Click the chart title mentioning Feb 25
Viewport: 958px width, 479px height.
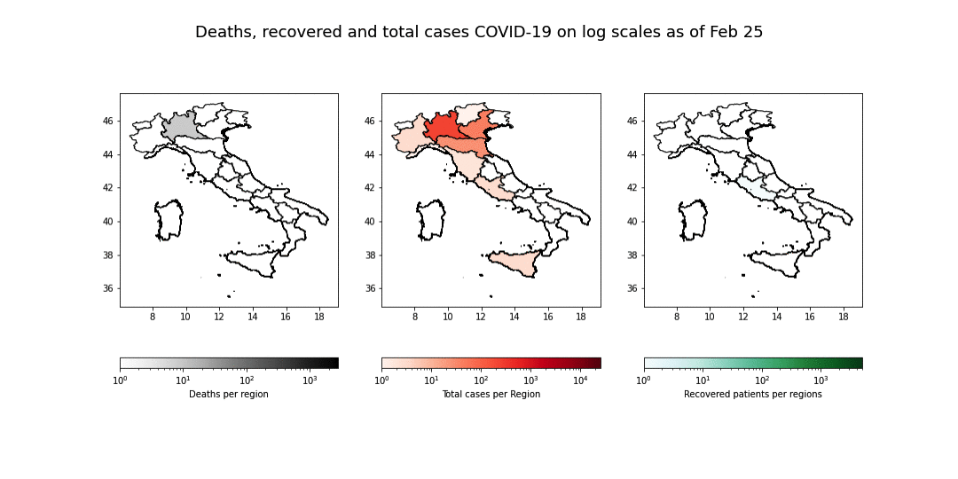(x=479, y=32)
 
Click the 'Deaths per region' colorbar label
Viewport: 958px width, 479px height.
(x=229, y=394)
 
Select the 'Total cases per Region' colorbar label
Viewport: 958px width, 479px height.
(x=491, y=394)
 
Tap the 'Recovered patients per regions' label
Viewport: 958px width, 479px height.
(x=752, y=394)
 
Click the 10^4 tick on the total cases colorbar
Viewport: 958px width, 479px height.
(x=580, y=381)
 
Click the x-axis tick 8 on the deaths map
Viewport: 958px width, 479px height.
(x=153, y=316)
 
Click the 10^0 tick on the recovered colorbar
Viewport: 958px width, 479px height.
(x=644, y=381)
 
